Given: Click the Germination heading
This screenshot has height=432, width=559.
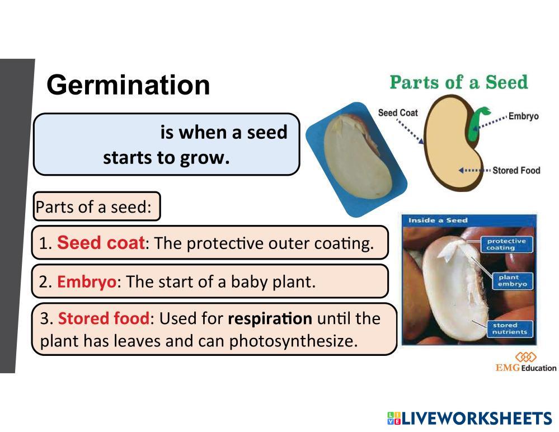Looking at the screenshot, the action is (128, 86).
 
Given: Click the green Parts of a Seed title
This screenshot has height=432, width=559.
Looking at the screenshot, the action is (459, 82).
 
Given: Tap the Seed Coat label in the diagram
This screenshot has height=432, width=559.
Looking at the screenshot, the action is (397, 113).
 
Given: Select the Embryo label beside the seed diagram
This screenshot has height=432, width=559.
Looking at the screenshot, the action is (523, 116).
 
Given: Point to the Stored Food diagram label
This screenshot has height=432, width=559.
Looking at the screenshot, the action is (516, 170).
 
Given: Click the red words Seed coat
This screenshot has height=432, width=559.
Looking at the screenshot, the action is (101, 243).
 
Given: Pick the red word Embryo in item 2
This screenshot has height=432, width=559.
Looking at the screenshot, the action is (87, 282).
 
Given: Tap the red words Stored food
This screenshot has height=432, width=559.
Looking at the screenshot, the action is (104, 318).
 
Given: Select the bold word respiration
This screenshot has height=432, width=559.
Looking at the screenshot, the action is (270, 318).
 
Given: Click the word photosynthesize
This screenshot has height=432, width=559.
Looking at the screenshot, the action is (293, 341).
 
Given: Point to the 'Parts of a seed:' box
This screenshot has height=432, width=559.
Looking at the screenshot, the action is (97, 206).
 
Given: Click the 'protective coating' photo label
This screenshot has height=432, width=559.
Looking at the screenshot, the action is (506, 244).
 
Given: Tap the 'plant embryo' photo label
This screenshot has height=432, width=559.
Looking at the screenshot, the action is (513, 280).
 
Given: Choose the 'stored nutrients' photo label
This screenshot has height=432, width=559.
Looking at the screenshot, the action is (510, 328).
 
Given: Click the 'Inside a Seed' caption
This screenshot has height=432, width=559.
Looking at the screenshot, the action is (438, 220).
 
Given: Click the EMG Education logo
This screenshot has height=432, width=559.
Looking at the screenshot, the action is (526, 362).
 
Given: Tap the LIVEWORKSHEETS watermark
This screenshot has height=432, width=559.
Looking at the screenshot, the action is (470, 418).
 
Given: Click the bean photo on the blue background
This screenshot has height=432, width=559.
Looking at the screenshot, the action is (356, 159).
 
